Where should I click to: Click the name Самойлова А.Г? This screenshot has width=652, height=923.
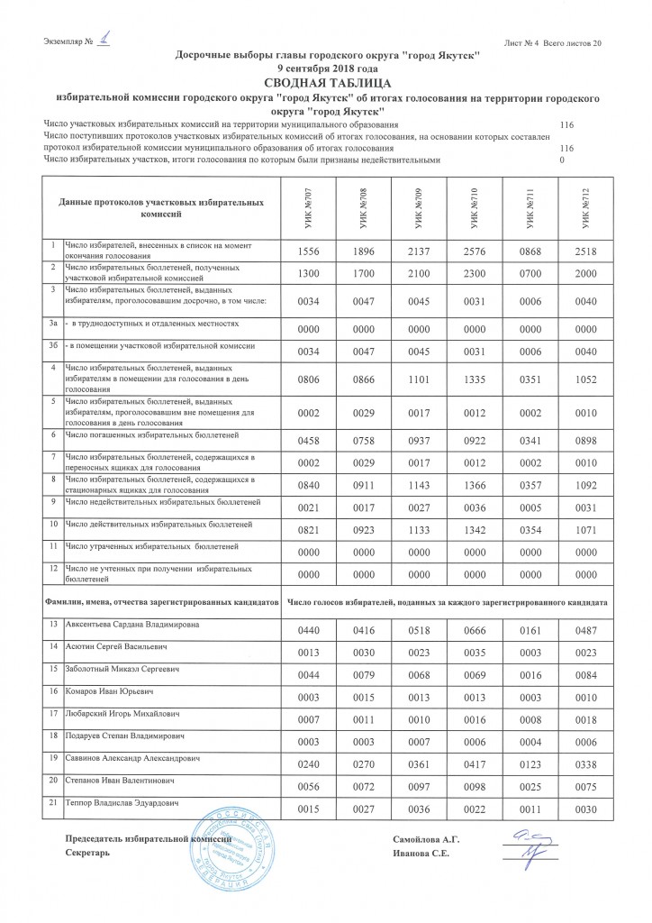coord(427,840)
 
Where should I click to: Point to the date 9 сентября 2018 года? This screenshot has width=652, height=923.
coord(327,68)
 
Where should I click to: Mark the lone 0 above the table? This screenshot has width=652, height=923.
coord(562,160)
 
